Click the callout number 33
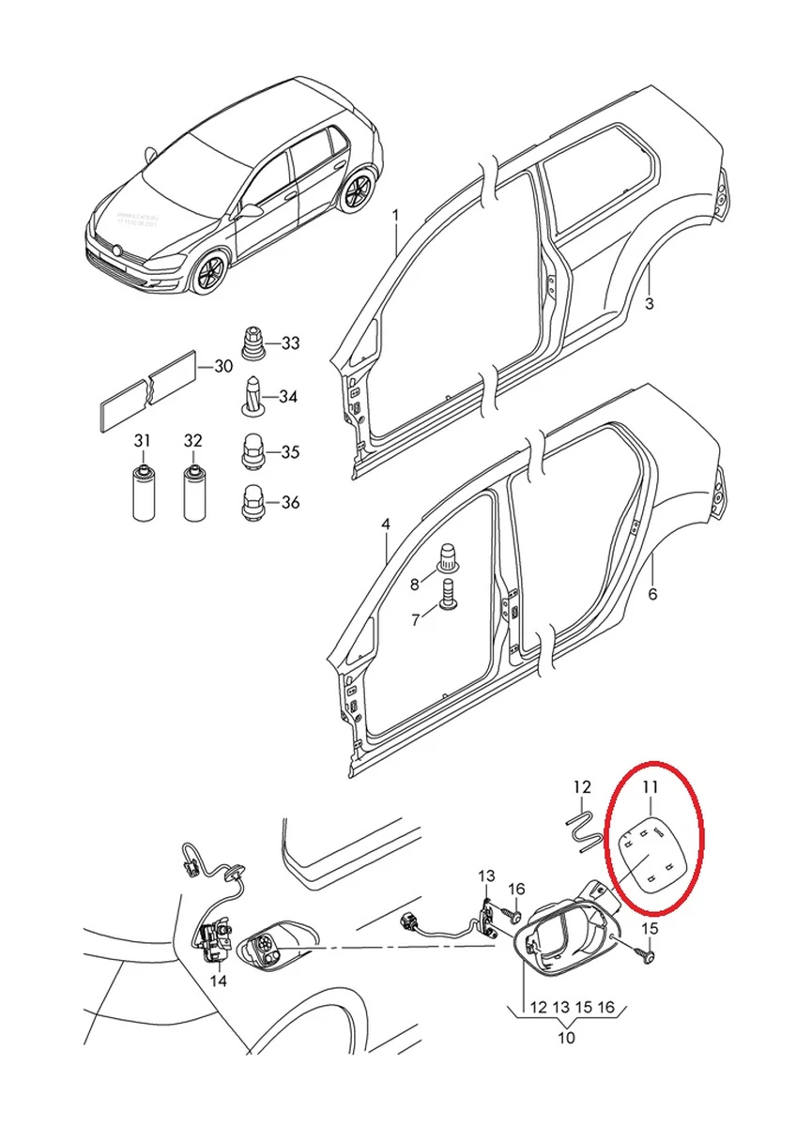coord(290,343)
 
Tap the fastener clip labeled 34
coord(253,397)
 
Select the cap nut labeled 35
coord(253,451)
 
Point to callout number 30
coord(222,366)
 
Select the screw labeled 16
coord(515,910)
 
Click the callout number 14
coord(218,981)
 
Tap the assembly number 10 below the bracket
coord(567,1038)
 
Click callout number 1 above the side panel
coord(395,216)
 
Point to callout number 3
coord(649,303)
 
